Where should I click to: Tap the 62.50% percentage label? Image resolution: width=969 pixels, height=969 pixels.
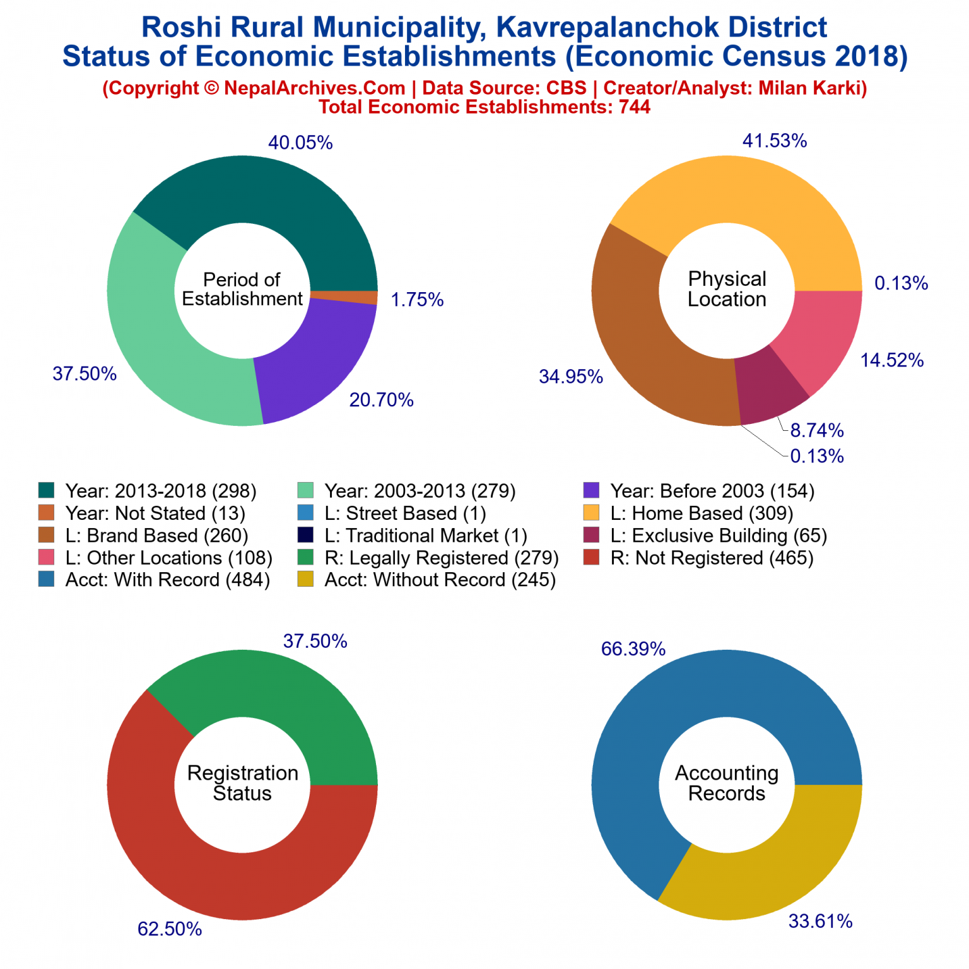tap(170, 929)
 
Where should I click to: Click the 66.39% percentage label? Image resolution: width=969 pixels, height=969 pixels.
tap(633, 649)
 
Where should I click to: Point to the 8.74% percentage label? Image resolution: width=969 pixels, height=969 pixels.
tap(816, 430)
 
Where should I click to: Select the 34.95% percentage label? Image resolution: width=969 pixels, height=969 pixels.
tap(570, 377)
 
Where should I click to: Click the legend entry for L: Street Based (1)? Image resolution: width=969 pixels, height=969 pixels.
tap(404, 514)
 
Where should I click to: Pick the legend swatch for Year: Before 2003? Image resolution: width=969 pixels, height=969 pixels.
tap(591, 491)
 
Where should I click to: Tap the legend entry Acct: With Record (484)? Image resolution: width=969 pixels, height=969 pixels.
tap(167, 580)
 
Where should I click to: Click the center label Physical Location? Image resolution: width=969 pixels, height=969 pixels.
tap(727, 290)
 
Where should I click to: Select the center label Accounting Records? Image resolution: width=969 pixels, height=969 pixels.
tap(727, 784)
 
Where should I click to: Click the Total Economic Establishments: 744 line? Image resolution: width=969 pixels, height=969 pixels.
tap(484, 107)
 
